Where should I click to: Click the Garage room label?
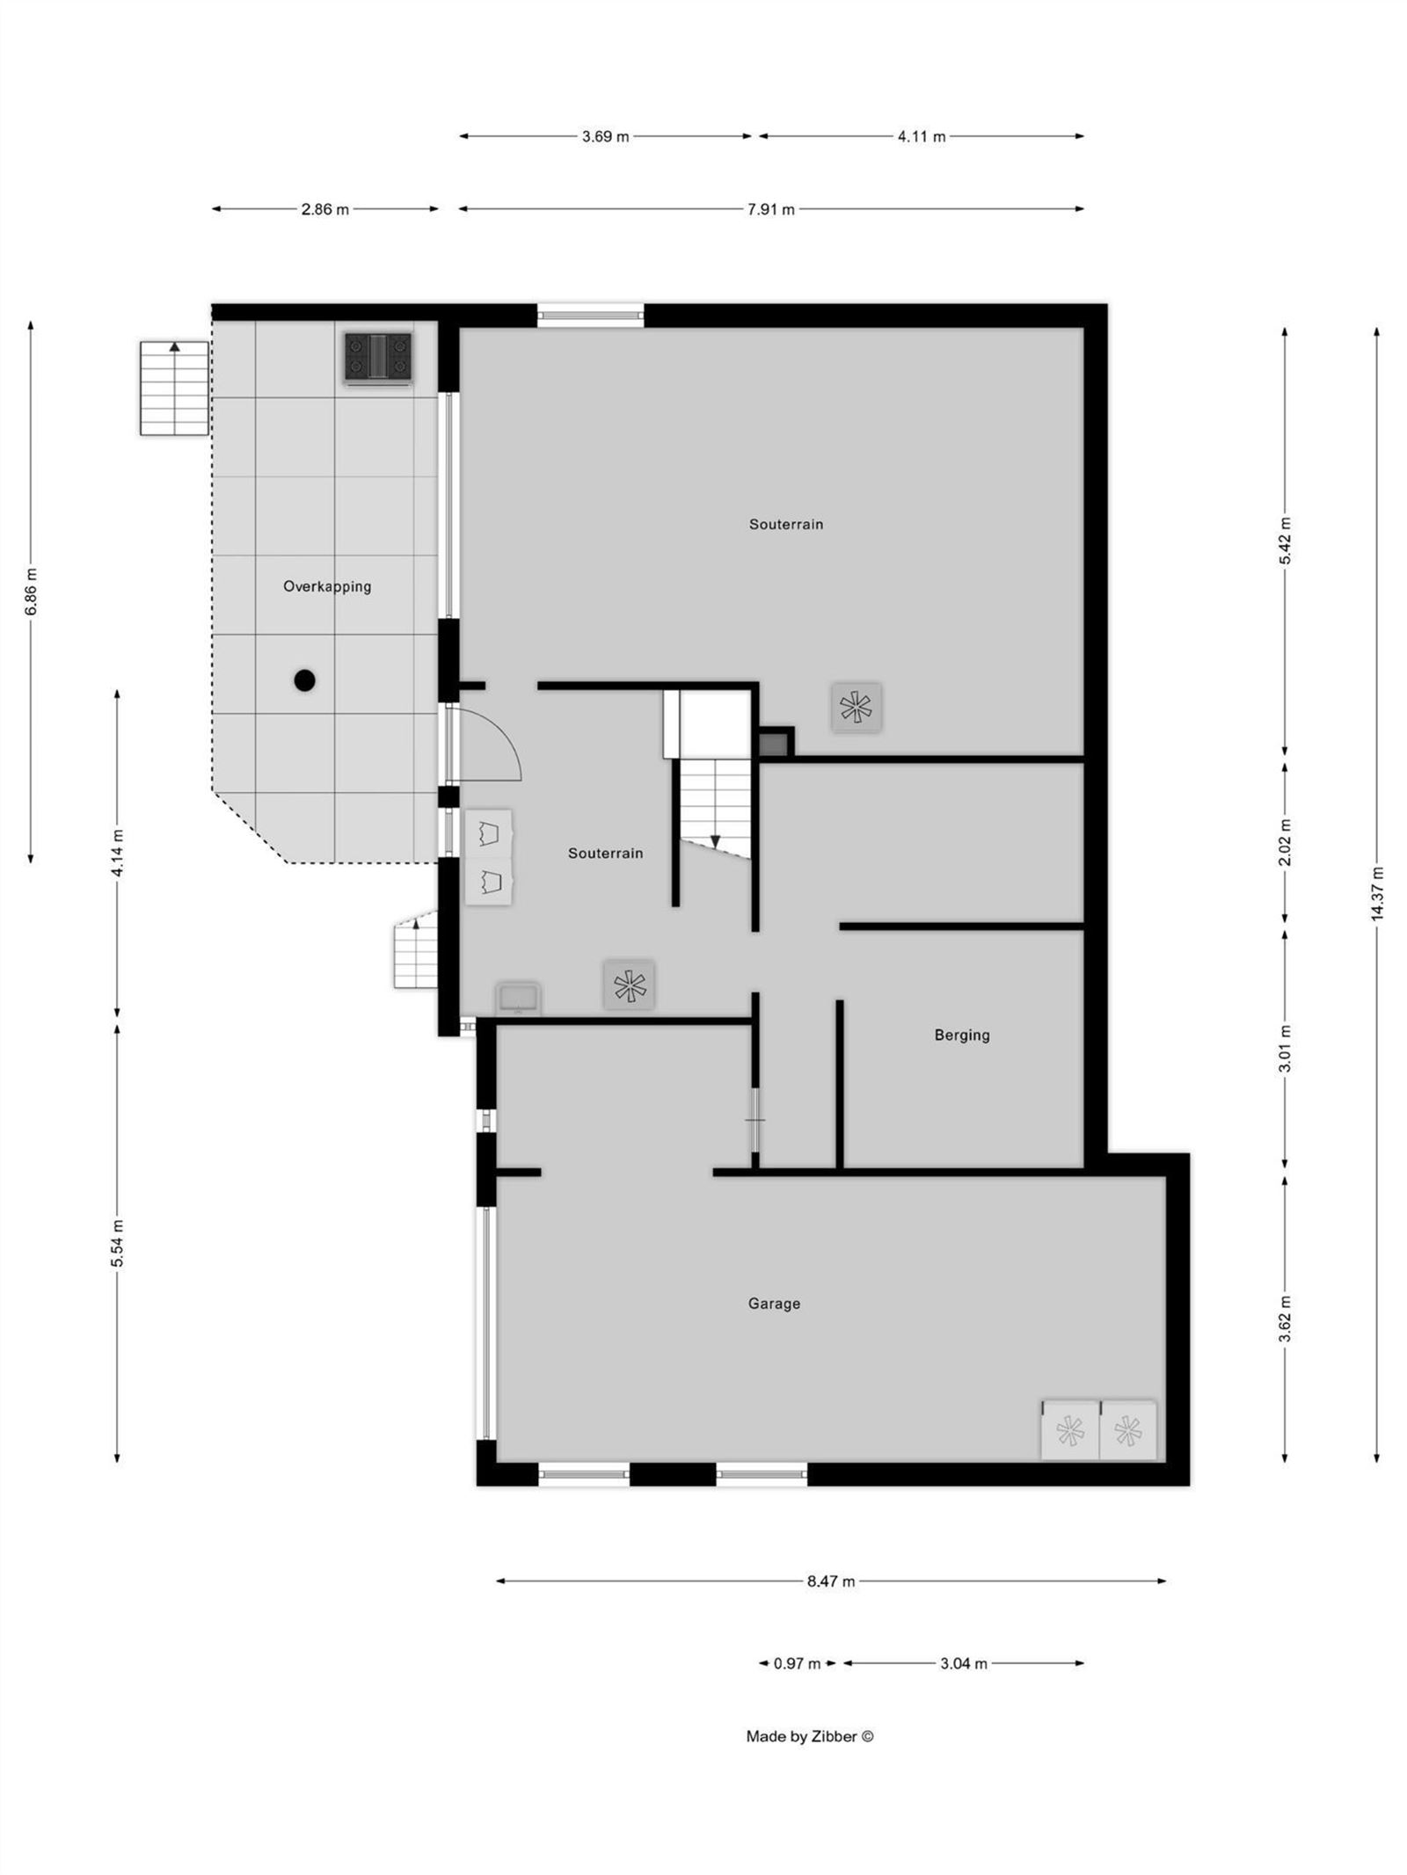[774, 1304]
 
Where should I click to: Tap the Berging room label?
[961, 1035]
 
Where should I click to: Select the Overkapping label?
[326, 586]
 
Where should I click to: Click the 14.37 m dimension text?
[1376, 894]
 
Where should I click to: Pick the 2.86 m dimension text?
[324, 209]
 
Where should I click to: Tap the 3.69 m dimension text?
[605, 136]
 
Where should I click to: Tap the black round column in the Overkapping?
[304, 680]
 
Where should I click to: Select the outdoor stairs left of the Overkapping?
[174, 389]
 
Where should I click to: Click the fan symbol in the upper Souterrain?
[856, 707]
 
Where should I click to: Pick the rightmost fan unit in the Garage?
[1127, 1431]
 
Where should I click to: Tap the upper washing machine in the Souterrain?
[488, 832]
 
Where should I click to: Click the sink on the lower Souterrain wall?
[518, 999]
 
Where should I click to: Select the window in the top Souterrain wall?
[590, 315]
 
